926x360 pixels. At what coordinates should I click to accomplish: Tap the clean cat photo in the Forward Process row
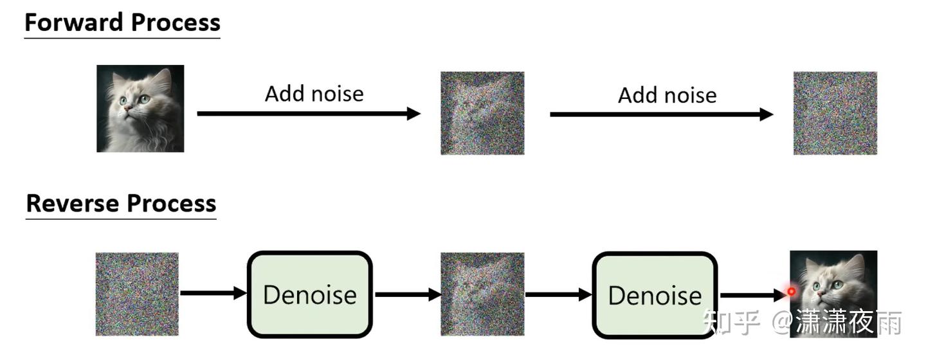[x=140, y=109]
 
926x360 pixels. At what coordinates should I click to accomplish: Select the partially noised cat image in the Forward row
[x=482, y=113]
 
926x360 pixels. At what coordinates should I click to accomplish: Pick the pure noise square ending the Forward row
[x=835, y=113]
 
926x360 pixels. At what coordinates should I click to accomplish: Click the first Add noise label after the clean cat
[x=314, y=94]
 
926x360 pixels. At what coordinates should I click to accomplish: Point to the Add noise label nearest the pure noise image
[x=667, y=95]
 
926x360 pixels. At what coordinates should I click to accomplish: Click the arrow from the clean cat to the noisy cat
[x=309, y=114]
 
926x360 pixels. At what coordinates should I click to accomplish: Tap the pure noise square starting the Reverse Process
[x=137, y=294]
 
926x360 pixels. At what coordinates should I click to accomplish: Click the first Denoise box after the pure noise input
[x=310, y=294]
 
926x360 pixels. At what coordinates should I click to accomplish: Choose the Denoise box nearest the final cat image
[x=654, y=295]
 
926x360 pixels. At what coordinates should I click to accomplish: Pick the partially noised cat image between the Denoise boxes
[x=482, y=294]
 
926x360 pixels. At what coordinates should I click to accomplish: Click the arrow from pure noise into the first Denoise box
[x=213, y=294]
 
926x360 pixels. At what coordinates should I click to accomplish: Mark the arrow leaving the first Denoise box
[x=407, y=294]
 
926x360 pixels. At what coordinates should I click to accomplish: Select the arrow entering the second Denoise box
[x=558, y=294]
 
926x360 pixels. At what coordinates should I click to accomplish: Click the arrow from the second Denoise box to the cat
[x=752, y=296]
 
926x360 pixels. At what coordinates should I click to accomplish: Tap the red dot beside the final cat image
[x=792, y=291]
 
